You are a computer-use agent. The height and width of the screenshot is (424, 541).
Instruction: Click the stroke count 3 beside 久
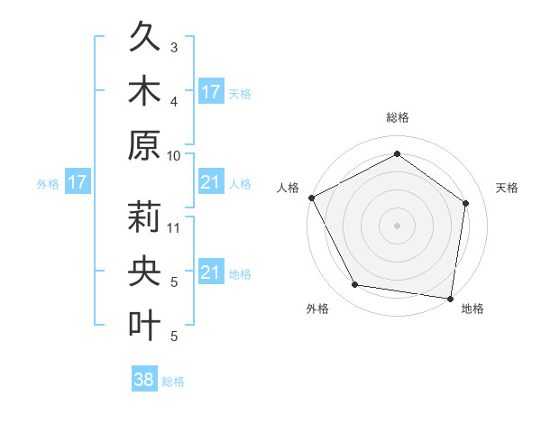point(174,47)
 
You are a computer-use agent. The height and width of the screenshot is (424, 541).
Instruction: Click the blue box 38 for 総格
point(144,381)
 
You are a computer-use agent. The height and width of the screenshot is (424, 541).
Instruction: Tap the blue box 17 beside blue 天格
point(210,91)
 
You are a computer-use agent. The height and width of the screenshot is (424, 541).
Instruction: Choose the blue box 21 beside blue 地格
point(210,272)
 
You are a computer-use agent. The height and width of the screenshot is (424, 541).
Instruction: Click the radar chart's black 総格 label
point(398,118)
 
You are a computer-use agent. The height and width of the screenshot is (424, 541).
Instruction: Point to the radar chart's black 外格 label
point(317,309)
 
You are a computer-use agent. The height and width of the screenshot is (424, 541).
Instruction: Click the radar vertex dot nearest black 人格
point(311,198)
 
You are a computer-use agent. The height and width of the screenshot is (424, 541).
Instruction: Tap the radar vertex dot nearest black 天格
point(466,203)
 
